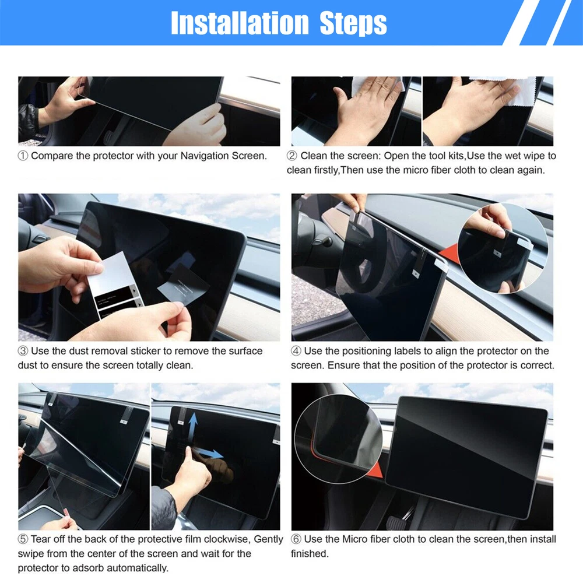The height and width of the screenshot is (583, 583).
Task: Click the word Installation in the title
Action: [x=240, y=23]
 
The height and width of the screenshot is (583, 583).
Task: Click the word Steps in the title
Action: [x=353, y=24]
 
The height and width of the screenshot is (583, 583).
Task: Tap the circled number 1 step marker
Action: [x=23, y=156]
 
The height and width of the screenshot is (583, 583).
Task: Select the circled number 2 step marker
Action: [x=292, y=156]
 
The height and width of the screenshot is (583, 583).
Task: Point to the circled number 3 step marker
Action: [x=23, y=351]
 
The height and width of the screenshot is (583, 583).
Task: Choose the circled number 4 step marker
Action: [x=296, y=351]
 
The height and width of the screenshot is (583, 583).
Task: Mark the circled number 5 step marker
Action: [x=23, y=539]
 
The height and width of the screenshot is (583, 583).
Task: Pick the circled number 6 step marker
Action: [x=296, y=539]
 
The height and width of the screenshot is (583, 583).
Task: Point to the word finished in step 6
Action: [x=310, y=554]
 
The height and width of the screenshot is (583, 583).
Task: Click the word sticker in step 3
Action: [x=147, y=351]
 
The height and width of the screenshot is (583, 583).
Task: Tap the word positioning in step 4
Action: [x=364, y=352]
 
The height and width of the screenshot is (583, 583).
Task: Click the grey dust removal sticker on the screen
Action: [x=183, y=284]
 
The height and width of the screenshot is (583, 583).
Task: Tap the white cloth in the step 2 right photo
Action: [x=513, y=89]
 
